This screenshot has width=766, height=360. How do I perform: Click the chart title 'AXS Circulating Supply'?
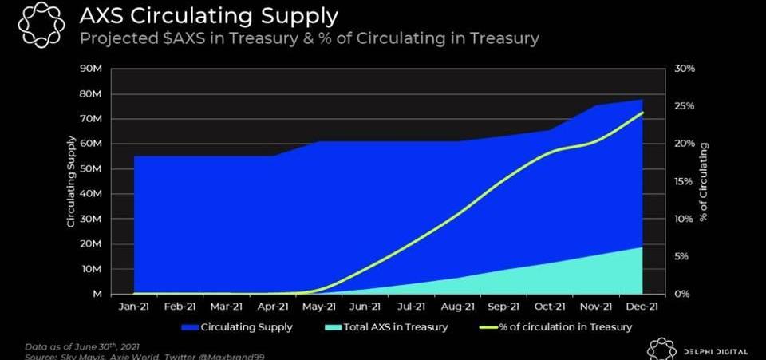208,16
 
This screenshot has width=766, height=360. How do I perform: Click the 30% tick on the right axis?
686,69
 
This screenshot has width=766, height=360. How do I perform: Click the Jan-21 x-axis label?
133,306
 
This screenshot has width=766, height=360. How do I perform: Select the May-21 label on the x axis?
319,306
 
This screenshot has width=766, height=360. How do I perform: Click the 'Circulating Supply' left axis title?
71,181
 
